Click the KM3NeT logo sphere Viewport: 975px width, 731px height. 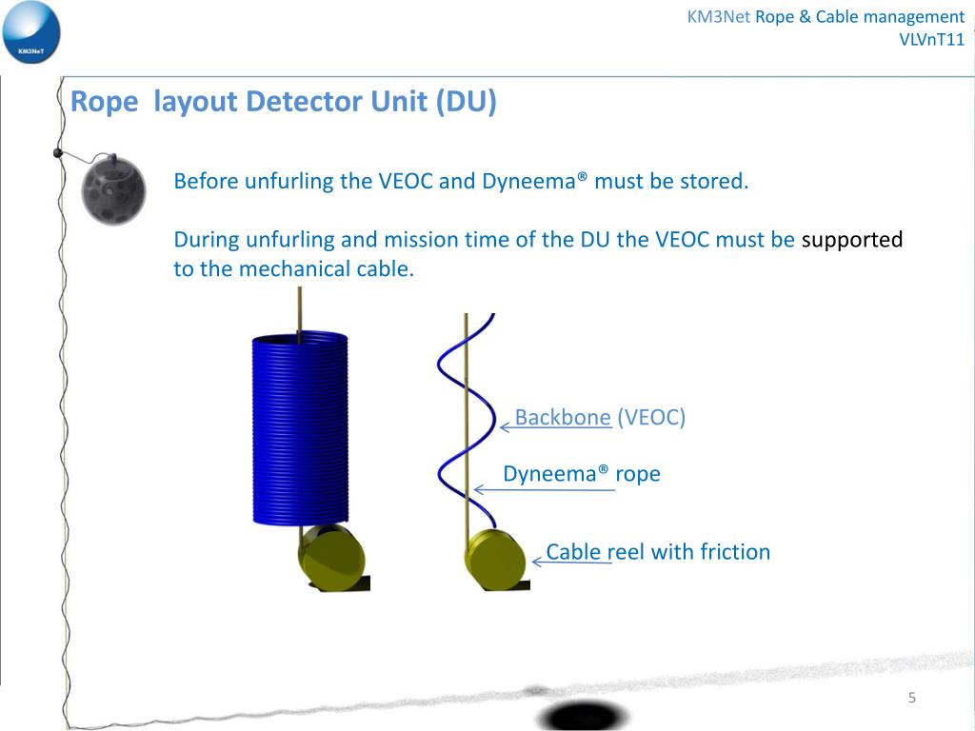(x=30, y=33)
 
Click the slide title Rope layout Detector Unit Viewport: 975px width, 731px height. (x=284, y=102)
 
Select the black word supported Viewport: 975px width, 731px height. (x=851, y=240)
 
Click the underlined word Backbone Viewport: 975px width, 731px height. (x=563, y=417)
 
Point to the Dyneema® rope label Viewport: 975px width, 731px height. (x=581, y=474)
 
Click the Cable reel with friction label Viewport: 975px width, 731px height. (x=658, y=552)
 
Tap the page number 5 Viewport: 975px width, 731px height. (x=911, y=699)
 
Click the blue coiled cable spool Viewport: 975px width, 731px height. (x=300, y=428)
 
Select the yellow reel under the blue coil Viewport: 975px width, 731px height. (x=329, y=556)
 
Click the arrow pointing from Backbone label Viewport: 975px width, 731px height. (x=507, y=428)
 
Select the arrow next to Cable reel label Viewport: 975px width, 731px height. (x=539, y=563)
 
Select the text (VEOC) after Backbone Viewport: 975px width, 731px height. (x=651, y=417)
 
